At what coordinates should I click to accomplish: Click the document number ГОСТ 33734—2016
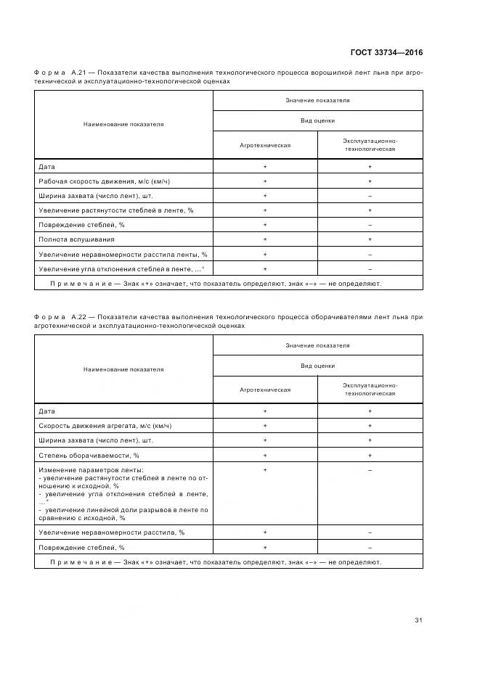(x=387, y=52)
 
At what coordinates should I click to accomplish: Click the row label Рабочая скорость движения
(x=109, y=181)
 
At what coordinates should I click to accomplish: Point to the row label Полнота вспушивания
(x=76, y=239)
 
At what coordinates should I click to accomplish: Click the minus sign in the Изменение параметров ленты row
(x=370, y=471)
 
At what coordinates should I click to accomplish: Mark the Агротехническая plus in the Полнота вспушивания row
(x=265, y=239)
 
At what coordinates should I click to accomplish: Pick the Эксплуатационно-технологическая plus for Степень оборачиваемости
(x=370, y=456)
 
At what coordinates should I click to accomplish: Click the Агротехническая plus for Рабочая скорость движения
(x=265, y=181)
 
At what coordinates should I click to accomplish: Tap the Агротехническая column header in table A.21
(x=265, y=145)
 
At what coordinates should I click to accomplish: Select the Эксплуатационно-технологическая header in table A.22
(x=370, y=389)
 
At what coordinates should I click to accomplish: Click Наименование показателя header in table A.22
(x=123, y=369)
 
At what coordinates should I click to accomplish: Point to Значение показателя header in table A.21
(x=317, y=100)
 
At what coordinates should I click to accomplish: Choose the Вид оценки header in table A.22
(x=317, y=366)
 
